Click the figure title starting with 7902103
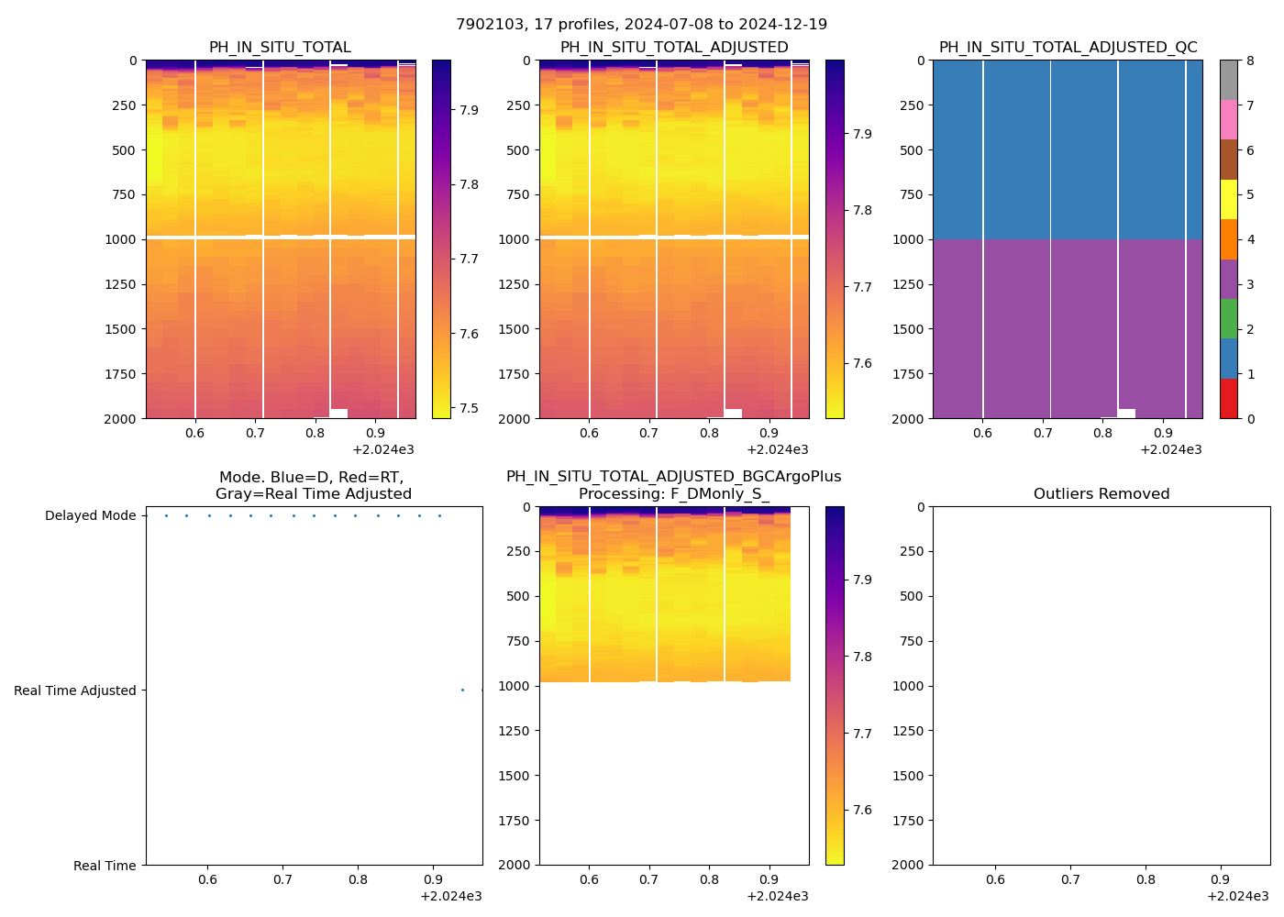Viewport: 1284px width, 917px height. (x=642, y=25)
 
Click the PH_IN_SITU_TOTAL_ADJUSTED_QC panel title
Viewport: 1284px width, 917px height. (x=1068, y=48)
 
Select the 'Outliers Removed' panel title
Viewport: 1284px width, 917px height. (x=1101, y=494)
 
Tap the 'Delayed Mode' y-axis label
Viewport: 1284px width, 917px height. (x=91, y=516)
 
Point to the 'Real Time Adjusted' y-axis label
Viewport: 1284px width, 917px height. (x=75, y=691)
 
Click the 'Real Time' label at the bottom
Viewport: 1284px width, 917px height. (x=105, y=867)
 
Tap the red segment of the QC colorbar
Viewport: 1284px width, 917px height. (x=1229, y=399)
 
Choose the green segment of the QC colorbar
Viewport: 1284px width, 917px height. (x=1229, y=319)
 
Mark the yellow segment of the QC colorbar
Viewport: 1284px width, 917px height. (x=1229, y=200)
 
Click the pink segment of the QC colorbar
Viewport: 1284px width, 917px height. (x=1229, y=120)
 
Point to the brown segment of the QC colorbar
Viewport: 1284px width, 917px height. (x=1229, y=160)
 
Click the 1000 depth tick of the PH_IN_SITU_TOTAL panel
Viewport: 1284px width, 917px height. (x=122, y=240)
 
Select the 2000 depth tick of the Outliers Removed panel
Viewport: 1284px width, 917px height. (x=909, y=866)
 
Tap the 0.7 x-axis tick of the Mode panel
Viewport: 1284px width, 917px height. (x=282, y=880)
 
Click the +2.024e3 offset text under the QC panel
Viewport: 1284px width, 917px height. (x=1171, y=450)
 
